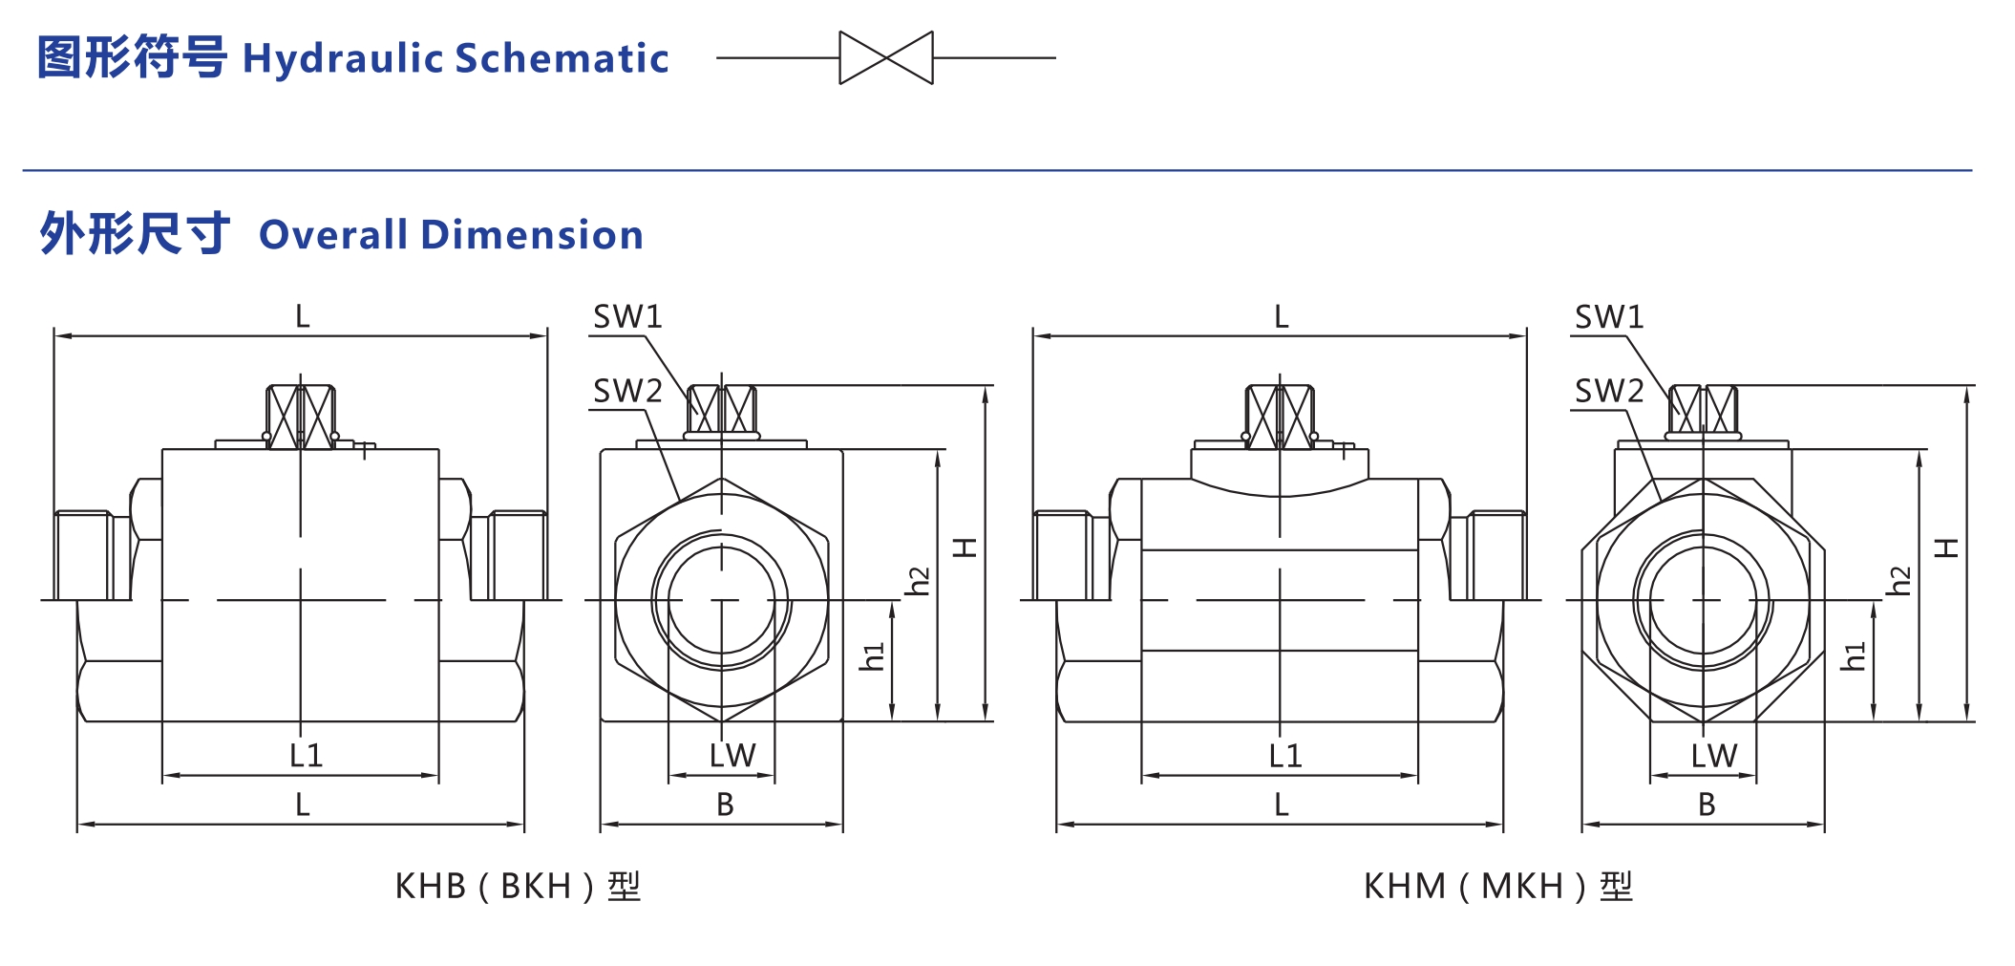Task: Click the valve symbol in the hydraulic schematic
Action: pos(885,58)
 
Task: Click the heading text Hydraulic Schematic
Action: pos(456,58)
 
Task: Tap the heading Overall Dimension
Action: pos(451,235)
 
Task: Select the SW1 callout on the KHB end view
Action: pos(627,317)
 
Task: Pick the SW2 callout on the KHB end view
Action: pos(627,391)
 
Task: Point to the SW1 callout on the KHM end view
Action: pos(1608,317)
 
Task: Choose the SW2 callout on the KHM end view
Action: pos(1608,391)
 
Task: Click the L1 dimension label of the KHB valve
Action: pos(306,756)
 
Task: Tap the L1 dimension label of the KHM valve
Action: pos(1284,756)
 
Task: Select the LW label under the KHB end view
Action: pos(732,756)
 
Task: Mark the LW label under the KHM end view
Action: pos(1713,756)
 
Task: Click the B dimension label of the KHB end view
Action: pos(725,805)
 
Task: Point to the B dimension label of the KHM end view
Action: pos(1707,805)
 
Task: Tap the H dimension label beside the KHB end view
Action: pos(965,547)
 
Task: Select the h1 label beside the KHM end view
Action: pos(1853,656)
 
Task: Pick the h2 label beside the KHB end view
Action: pos(918,581)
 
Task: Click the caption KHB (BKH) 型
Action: pos(518,887)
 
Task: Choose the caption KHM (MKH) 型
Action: pos(1497,887)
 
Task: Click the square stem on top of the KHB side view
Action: pos(300,416)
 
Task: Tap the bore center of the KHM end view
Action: pos(1703,600)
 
